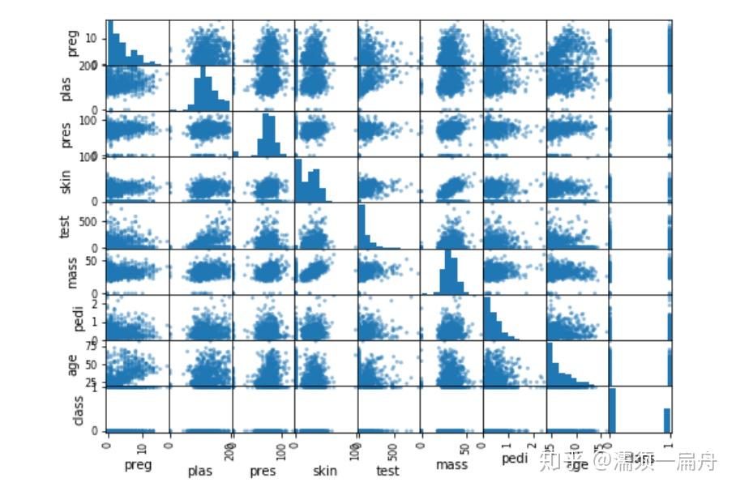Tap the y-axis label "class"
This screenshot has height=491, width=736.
coord(78,409)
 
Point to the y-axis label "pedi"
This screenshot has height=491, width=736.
coord(72,318)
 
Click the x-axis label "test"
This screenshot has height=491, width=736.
coord(388,469)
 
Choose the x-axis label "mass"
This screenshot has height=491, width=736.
coord(451,464)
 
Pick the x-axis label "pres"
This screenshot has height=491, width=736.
coord(263,470)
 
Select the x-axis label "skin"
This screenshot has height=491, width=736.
coord(324,469)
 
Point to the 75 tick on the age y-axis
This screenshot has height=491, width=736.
coord(94,346)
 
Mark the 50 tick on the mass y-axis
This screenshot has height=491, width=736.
coord(94,261)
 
